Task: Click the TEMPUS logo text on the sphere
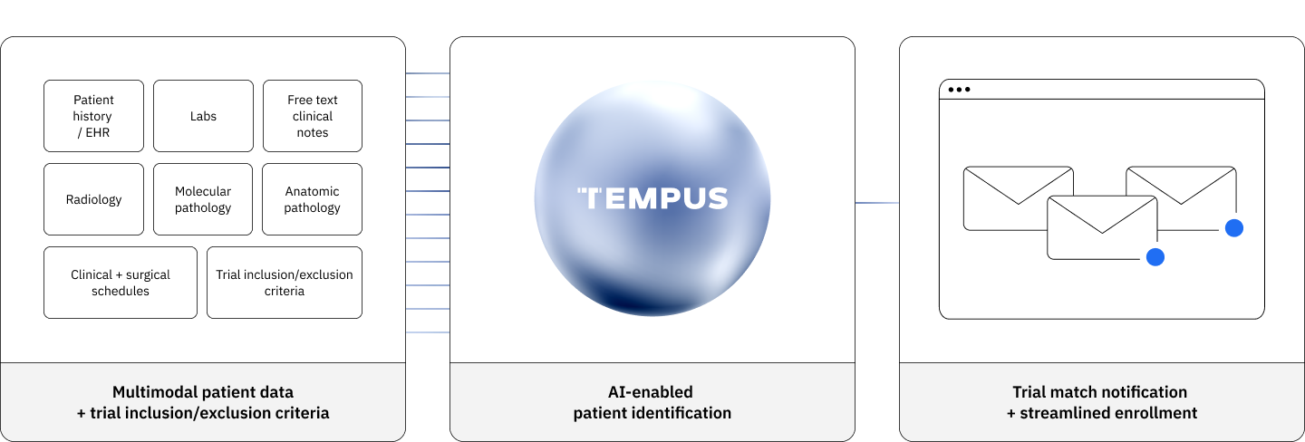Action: [x=652, y=198]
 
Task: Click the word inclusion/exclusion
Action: [x=199, y=413]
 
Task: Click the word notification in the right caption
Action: [x=1144, y=392]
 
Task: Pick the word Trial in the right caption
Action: [x=1029, y=392]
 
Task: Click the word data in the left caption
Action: [x=277, y=392]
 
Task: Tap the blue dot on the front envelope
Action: [x=1155, y=257]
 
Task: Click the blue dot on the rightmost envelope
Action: [x=1233, y=228]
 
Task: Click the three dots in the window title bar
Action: [x=959, y=90]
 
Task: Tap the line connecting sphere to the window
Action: [x=877, y=203]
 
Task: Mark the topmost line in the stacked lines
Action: [x=428, y=73]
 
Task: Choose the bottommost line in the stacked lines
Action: [x=428, y=332]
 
